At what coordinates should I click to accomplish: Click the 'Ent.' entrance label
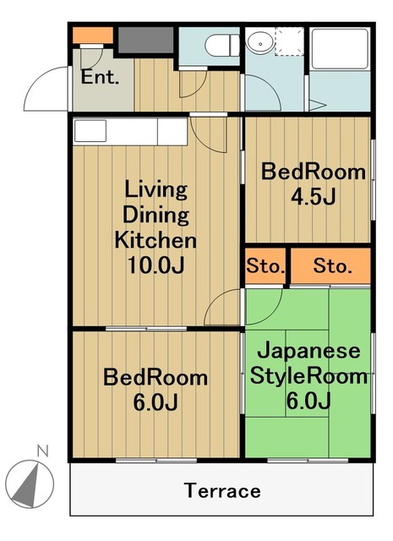coord(101,77)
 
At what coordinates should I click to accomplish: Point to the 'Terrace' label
coord(223,490)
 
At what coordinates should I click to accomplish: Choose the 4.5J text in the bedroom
coord(314,198)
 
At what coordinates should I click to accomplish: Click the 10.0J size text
coord(156,265)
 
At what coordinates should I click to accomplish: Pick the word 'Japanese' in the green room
coord(308,350)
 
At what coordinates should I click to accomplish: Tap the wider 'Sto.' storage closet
coord(332,267)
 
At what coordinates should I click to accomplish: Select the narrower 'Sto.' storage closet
coord(265,267)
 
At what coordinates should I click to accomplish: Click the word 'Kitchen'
coord(156,239)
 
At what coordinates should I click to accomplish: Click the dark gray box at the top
coord(145,41)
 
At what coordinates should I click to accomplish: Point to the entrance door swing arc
coord(49,91)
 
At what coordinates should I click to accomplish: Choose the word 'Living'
coord(156,188)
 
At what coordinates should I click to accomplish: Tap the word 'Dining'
coord(156,213)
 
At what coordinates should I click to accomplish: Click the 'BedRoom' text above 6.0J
coord(156,377)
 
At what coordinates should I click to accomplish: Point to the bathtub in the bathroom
coord(339,68)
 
